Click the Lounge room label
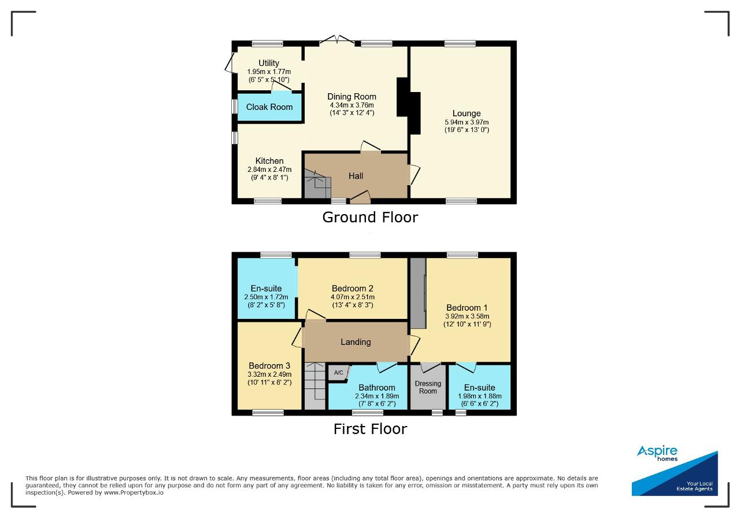[467, 113]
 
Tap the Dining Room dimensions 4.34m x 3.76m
[352, 105]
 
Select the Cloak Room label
[269, 107]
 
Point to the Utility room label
[269, 63]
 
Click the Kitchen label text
[269, 161]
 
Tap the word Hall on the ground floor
[356, 175]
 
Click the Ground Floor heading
[370, 217]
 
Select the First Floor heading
[370, 429]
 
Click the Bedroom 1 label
[467, 308]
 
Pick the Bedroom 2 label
[353, 288]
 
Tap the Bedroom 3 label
[269, 366]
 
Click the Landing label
[356, 341]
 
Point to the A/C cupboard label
[338, 373]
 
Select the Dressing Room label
[428, 387]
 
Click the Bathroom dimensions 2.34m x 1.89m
[377, 396]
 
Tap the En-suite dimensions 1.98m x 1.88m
[480, 396]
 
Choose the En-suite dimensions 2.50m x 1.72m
[266, 297]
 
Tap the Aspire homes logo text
[657, 453]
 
